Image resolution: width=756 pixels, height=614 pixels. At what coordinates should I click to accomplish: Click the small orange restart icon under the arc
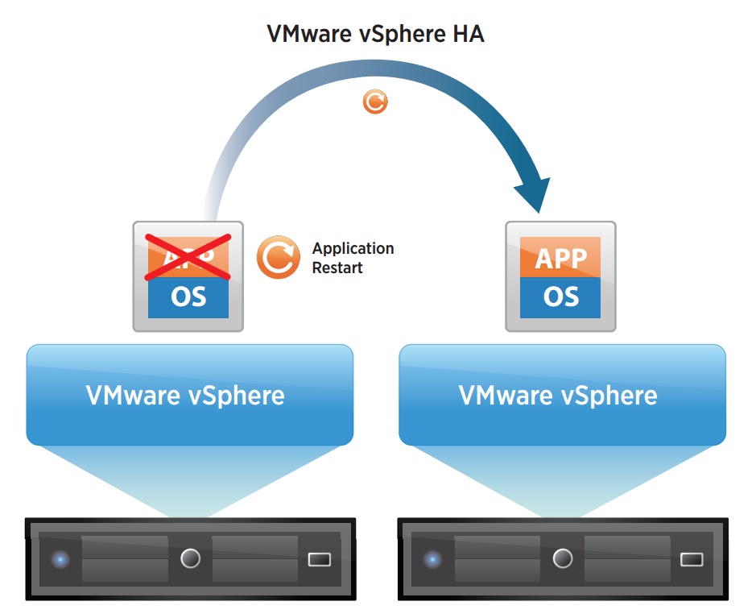coord(375,102)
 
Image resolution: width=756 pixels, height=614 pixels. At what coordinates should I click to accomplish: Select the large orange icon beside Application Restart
coord(278,257)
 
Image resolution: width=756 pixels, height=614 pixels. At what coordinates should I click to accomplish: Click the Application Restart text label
coord(353,258)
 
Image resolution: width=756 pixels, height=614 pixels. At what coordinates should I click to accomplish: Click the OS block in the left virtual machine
coord(188,297)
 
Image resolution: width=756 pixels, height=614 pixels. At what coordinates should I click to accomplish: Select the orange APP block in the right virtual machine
coord(560,258)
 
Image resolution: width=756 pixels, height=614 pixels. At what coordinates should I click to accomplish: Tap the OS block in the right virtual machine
coord(560,297)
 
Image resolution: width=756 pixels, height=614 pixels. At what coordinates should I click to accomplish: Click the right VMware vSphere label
coord(558,396)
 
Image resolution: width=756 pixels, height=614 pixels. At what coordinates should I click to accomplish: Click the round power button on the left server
coord(190,558)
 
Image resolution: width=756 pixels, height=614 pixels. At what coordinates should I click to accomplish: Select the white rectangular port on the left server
coord(319,558)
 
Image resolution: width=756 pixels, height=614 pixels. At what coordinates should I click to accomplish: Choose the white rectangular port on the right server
coord(692,558)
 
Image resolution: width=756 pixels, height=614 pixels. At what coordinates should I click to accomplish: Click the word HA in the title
coord(467,35)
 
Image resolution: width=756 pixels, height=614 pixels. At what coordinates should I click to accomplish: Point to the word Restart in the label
coord(337,268)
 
